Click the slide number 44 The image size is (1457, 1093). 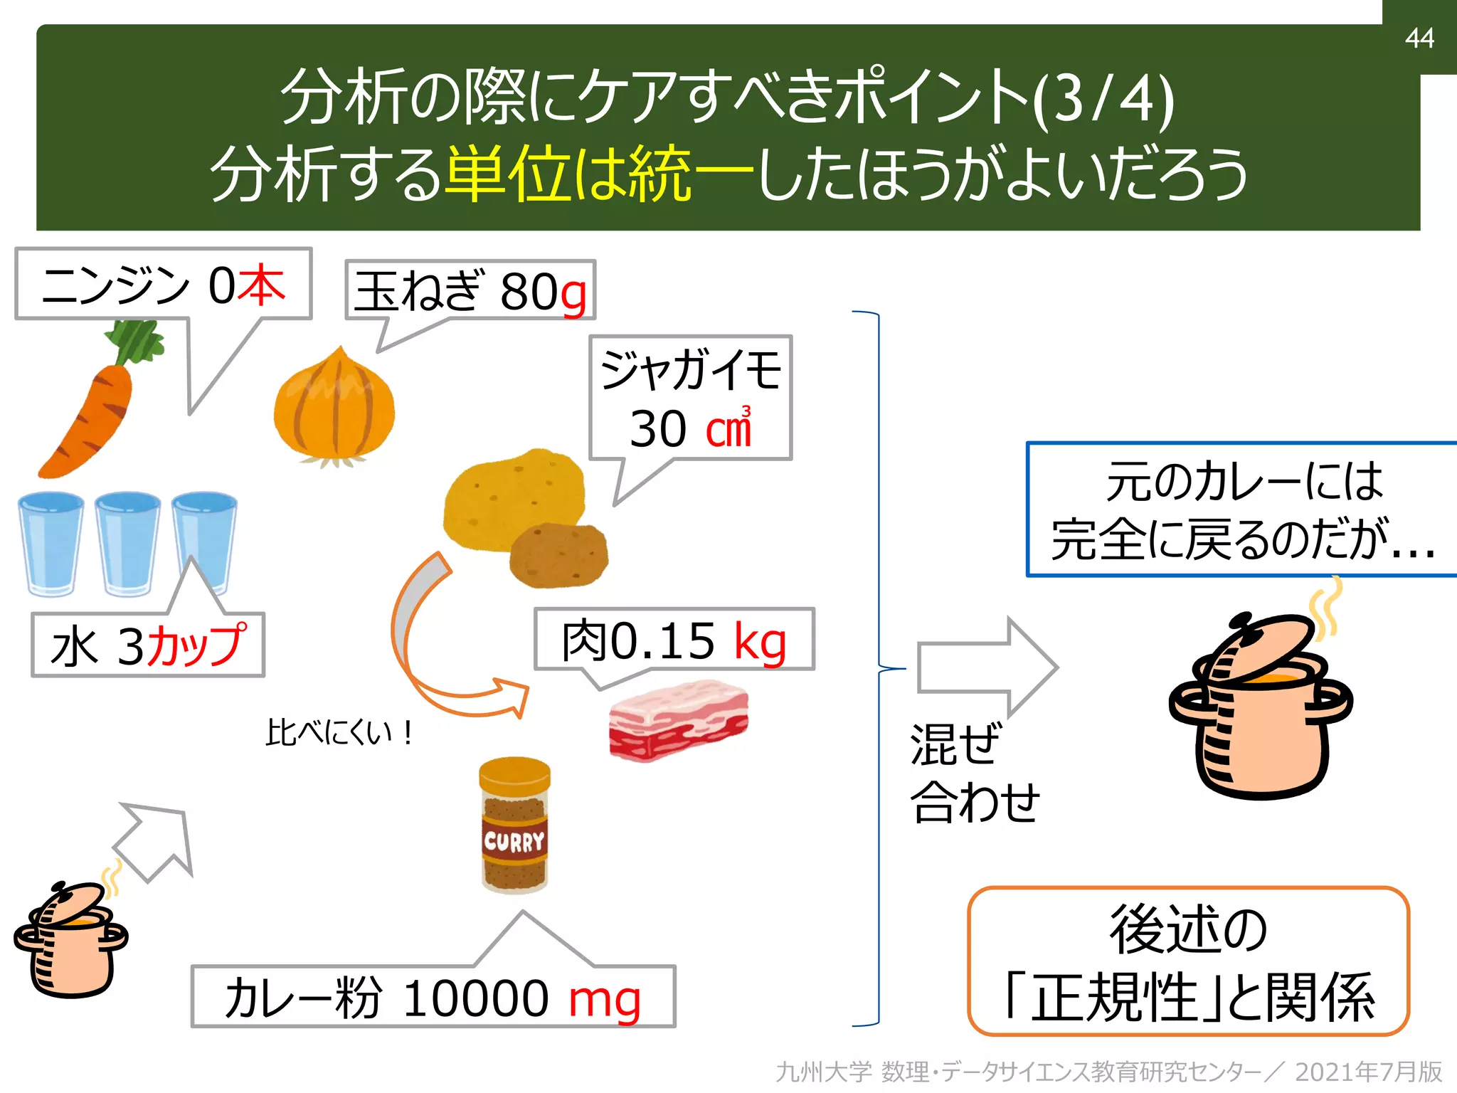1419,38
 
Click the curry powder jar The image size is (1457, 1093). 514,825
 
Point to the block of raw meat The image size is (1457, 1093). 678,720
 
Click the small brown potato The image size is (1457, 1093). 559,556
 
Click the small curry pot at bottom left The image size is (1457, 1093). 70,939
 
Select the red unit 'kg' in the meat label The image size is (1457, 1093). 760,642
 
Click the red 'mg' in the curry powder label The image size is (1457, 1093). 605,999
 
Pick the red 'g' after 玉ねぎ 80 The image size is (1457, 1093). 573,293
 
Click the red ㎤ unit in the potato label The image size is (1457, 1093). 728,428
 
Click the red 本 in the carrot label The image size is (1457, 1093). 261,285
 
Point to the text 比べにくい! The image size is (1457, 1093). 339,732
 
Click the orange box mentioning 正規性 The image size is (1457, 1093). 1188,961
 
